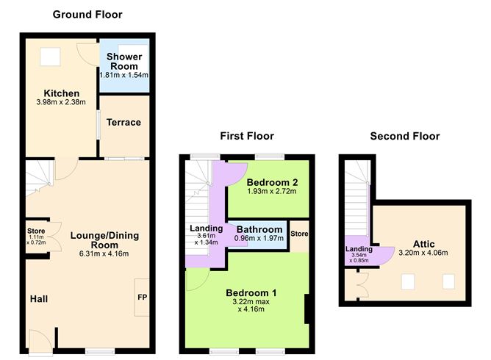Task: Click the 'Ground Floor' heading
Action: click(87, 14)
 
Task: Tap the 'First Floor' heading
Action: click(247, 136)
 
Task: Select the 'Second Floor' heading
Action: click(405, 136)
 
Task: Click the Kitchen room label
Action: click(61, 93)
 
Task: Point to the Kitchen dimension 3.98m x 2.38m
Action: click(61, 104)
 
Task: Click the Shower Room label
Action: click(124, 61)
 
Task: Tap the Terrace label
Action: click(124, 122)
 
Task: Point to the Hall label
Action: click(39, 299)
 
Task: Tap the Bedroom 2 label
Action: click(271, 181)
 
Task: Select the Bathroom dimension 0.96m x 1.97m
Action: click(258, 239)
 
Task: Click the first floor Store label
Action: click(299, 234)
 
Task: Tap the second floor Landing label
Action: click(358, 249)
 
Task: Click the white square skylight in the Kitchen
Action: click(51, 55)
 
